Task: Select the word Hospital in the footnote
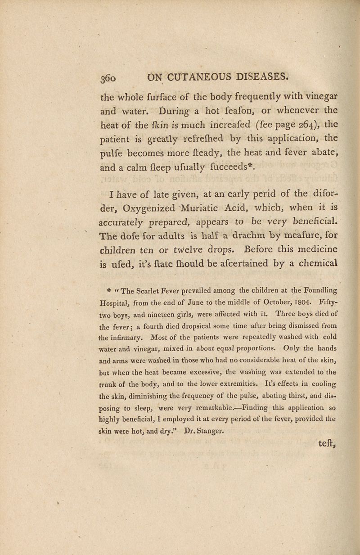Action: [122, 299]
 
